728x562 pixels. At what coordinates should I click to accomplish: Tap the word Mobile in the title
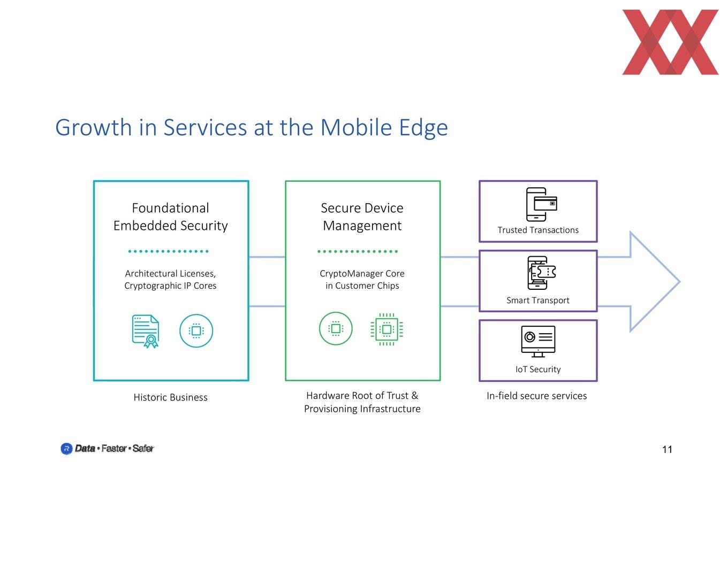click(x=356, y=127)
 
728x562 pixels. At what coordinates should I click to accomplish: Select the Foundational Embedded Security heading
click(x=171, y=217)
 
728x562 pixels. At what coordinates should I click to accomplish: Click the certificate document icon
click(x=146, y=331)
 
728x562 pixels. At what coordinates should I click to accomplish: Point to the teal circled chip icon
click(x=196, y=330)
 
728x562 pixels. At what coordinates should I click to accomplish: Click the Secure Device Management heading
click(x=362, y=217)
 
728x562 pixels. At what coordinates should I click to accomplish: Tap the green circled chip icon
click(x=336, y=328)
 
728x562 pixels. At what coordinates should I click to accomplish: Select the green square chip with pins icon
click(x=386, y=329)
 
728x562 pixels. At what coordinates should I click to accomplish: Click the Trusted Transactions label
click(x=538, y=230)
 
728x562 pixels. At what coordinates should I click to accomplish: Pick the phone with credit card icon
click(x=541, y=204)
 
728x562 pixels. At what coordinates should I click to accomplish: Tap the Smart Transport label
click(x=538, y=301)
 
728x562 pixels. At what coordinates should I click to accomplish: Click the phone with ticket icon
click(x=541, y=273)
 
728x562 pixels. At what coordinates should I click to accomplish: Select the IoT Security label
click(x=538, y=369)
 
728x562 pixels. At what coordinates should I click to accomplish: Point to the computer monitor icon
click(x=538, y=342)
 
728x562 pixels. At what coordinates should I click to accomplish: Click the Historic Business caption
click(x=171, y=397)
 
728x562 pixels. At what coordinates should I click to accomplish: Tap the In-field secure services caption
click(x=537, y=396)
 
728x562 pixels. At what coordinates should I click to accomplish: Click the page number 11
click(x=667, y=450)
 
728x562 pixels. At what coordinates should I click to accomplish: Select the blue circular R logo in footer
click(x=66, y=449)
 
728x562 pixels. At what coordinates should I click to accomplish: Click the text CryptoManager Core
click(x=362, y=274)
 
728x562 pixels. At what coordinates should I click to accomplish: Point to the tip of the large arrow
click(x=680, y=282)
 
